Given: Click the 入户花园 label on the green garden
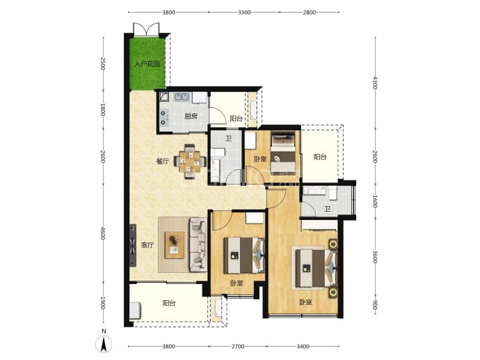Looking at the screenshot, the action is (147, 64).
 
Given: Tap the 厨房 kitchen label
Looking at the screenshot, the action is (191, 116).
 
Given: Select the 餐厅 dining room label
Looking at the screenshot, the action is (163, 161).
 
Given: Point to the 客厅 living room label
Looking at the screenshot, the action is (147, 245).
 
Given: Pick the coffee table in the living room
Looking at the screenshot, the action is (175, 245).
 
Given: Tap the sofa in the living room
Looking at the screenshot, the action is (198, 244).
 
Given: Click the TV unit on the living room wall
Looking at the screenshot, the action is (133, 245).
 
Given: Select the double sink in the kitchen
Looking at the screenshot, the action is (182, 97).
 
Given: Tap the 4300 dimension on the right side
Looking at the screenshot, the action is (376, 83).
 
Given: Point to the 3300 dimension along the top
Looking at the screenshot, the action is (244, 13).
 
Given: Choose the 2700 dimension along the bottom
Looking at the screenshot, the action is (238, 347).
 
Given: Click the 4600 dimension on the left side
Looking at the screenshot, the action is (103, 233).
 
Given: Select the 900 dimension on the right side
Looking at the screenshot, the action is (376, 304).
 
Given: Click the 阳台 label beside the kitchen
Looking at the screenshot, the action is (236, 118).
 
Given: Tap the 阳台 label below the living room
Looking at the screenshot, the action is (169, 303).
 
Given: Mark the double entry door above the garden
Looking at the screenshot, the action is (146, 29).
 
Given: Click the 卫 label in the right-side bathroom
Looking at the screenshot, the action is (328, 209).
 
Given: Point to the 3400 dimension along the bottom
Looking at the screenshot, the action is (303, 347).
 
